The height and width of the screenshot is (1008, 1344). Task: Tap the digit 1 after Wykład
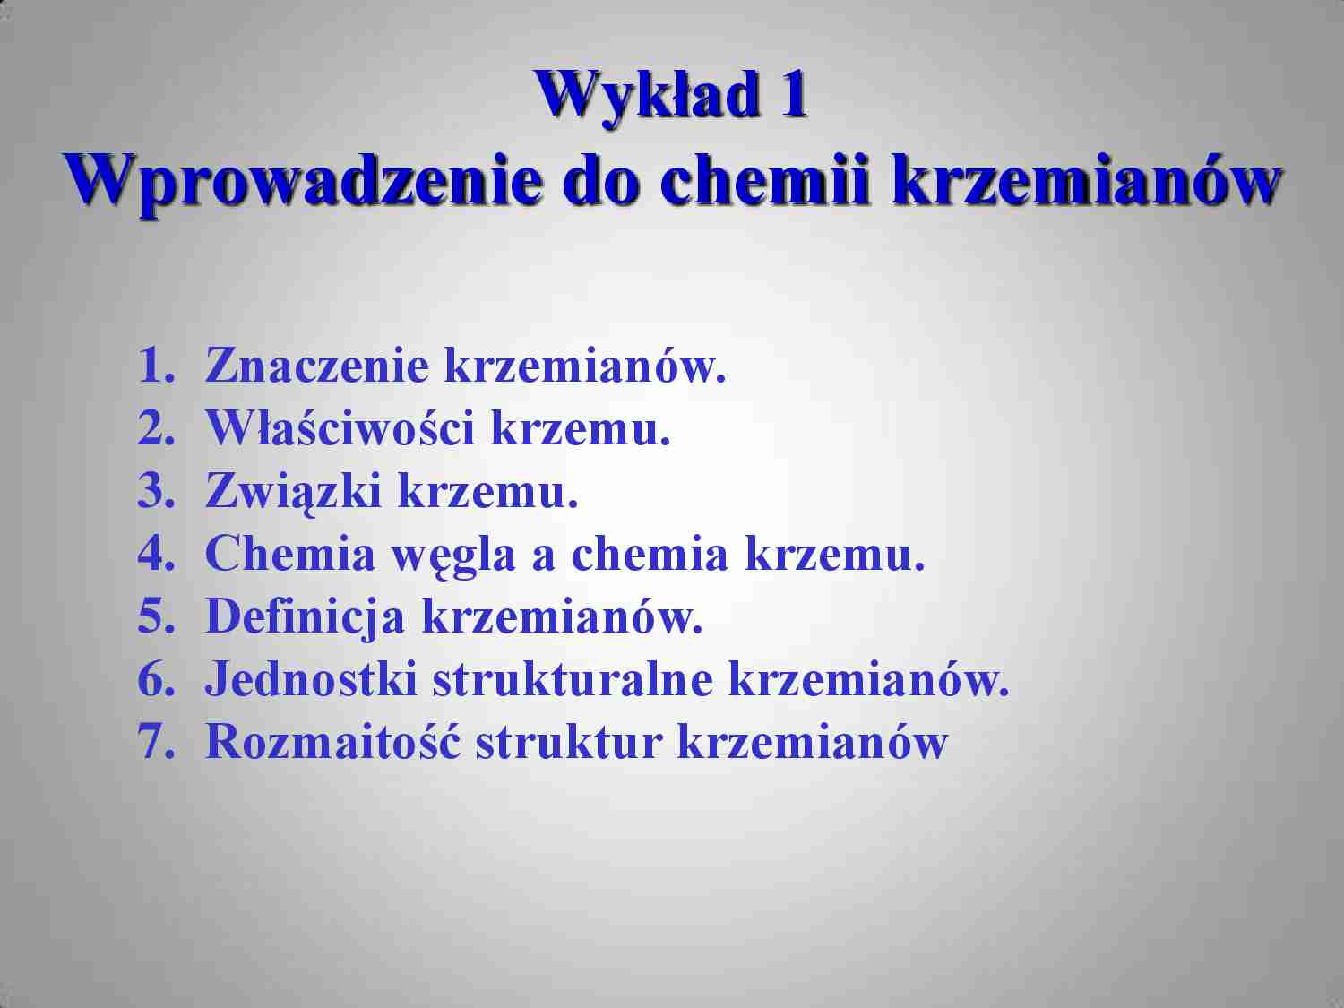793,94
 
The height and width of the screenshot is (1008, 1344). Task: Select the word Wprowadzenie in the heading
302,179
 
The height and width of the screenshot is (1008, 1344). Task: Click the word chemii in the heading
766,179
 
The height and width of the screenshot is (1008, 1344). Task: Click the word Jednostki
312,679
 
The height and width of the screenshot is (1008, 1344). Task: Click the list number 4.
154,554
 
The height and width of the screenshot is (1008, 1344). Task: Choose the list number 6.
154,679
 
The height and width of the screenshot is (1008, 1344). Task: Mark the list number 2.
154,428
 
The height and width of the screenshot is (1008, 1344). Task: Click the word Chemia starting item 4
290,554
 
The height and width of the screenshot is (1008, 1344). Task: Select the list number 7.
154,742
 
